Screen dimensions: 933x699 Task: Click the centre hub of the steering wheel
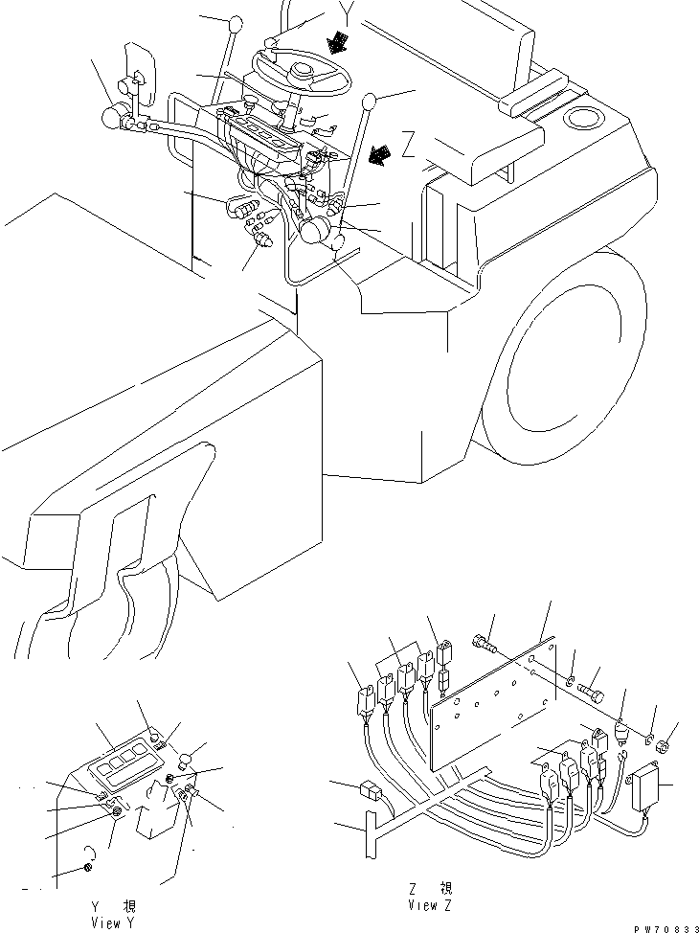point(304,72)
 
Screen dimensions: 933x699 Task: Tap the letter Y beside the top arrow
point(351,12)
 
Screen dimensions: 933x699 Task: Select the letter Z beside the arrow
point(409,147)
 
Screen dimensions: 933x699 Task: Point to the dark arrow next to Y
point(336,41)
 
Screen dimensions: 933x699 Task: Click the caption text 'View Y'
point(107,922)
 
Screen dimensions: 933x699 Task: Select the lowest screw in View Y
point(88,868)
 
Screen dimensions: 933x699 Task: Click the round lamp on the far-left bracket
point(113,120)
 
